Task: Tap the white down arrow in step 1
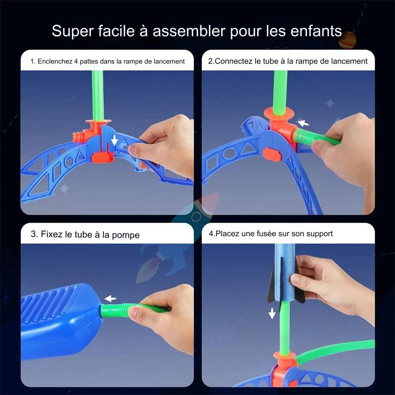click(114, 140)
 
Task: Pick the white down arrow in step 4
click(272, 314)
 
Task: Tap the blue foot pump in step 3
click(59, 320)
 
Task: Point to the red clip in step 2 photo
click(272, 154)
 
